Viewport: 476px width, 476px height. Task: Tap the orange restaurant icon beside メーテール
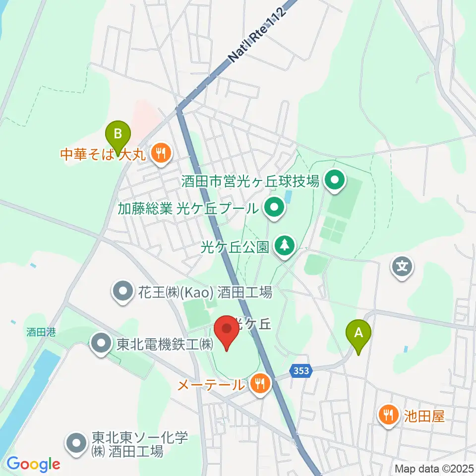pos(259,383)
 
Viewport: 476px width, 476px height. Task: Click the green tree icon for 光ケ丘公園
pos(284,246)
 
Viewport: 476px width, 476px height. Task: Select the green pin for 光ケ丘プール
pos(274,208)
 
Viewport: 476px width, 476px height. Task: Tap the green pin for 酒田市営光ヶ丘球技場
pos(335,181)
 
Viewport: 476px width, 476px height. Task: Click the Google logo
pos(34,464)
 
